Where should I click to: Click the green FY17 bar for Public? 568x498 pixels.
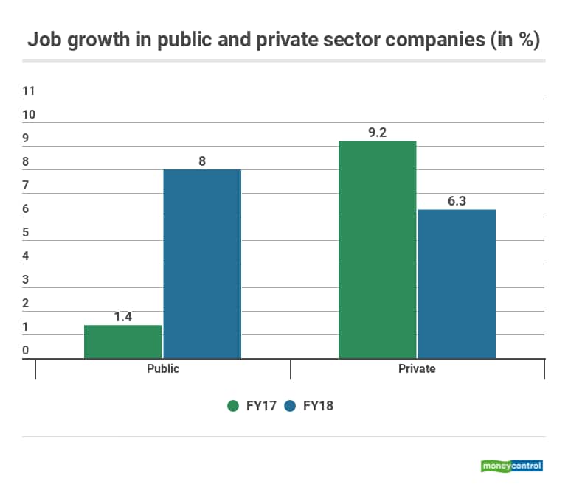pyautogui.click(x=122, y=342)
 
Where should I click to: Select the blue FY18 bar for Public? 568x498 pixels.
pyautogui.click(x=202, y=264)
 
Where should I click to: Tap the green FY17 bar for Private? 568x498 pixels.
pyautogui.click(x=377, y=250)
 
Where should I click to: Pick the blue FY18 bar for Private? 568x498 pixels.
pyautogui.click(x=457, y=284)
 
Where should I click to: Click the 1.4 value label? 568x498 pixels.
pyautogui.click(x=122, y=315)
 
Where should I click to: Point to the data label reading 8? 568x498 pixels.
pyautogui.click(x=202, y=160)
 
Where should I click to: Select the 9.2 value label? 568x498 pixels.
pyautogui.click(x=377, y=132)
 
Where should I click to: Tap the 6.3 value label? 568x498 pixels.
pyautogui.click(x=457, y=200)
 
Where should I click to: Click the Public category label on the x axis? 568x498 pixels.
pyautogui.click(x=163, y=368)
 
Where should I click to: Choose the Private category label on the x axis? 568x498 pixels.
pyautogui.click(x=417, y=368)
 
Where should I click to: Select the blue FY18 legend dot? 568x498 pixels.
pyautogui.click(x=289, y=406)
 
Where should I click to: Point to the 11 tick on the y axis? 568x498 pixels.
pyautogui.click(x=30, y=91)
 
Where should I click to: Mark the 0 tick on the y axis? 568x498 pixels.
pyautogui.click(x=26, y=351)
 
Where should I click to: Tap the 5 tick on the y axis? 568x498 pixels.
pyautogui.click(x=26, y=233)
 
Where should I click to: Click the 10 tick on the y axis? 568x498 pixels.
pyautogui.click(x=30, y=115)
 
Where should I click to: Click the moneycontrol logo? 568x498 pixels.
pyautogui.click(x=511, y=466)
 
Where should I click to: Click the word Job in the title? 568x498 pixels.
pyautogui.click(x=44, y=41)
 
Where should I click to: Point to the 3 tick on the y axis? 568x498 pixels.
pyautogui.click(x=26, y=280)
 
